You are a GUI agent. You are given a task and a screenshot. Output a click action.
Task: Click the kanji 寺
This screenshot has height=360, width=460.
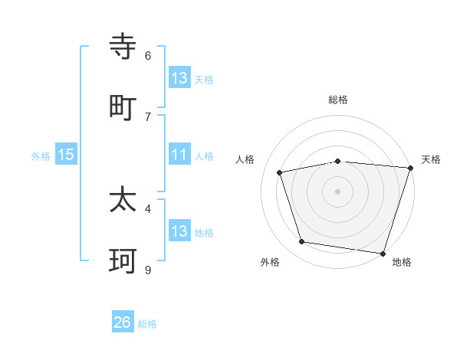123,47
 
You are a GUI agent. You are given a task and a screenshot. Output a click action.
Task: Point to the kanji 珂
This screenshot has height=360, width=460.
123,261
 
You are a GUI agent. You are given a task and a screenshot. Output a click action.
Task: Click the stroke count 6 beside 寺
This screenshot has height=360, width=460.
148,55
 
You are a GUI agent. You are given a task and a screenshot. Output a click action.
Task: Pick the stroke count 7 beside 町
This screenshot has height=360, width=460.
148,116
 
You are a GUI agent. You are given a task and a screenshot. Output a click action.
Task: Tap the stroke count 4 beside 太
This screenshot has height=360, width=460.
148,208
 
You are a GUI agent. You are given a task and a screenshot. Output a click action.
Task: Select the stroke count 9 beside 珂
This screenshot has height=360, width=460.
148,270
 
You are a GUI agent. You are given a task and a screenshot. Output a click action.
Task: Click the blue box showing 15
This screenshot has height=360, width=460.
66,155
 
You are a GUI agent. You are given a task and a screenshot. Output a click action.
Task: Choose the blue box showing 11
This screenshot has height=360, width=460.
179,155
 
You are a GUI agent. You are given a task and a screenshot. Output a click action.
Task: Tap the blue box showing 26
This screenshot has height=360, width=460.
123,322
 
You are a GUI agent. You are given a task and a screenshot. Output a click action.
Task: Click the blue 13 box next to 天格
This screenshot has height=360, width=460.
179,78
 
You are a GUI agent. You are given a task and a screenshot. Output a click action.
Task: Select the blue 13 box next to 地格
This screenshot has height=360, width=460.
179,231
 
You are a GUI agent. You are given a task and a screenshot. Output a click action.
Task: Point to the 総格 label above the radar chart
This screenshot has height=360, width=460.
338,100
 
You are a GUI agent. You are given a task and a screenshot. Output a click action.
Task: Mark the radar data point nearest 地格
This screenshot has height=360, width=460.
383,252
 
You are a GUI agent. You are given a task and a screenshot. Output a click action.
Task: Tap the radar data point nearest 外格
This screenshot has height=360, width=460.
302,242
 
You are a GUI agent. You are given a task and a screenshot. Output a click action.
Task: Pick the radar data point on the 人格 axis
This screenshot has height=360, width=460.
280,172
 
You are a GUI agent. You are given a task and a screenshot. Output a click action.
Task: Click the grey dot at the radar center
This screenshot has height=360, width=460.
338,191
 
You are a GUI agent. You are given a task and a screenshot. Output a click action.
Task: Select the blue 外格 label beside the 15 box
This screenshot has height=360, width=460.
41,156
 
